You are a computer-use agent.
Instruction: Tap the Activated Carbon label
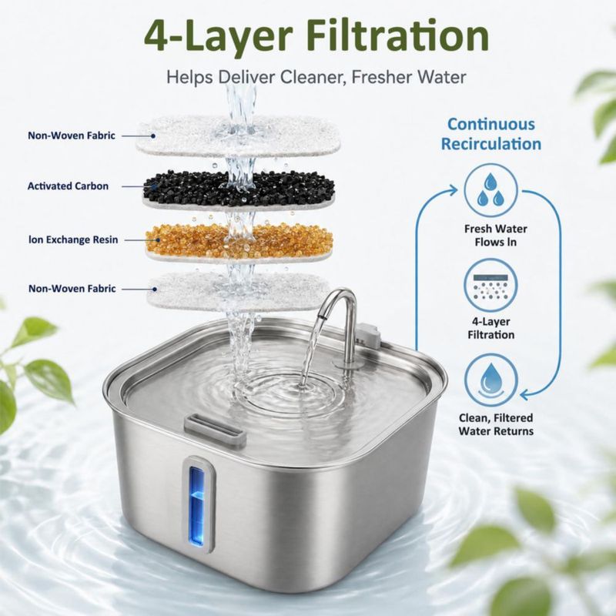(68, 186)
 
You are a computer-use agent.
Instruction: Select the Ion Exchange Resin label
(73, 239)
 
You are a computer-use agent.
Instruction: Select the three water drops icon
(491, 190)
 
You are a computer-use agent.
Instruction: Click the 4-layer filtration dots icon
(491, 286)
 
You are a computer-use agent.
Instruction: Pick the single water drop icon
(491, 380)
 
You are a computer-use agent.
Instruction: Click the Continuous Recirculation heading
(491, 134)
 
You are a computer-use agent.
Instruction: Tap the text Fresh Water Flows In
(495, 236)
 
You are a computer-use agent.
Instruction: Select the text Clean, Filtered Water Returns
(496, 424)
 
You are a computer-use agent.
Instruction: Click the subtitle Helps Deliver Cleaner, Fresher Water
(316, 77)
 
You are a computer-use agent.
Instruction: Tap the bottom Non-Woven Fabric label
(72, 288)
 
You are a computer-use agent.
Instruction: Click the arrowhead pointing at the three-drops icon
(453, 190)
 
